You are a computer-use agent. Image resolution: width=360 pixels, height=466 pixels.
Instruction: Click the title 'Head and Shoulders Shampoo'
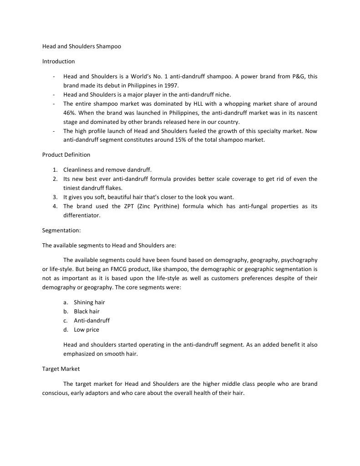[x=81, y=46]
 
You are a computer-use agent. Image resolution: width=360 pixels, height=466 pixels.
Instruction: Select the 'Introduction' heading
[x=58, y=61]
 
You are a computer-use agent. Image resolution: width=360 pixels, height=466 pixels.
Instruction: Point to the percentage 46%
[x=70, y=113]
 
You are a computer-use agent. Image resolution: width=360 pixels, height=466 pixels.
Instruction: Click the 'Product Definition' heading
[x=66, y=154]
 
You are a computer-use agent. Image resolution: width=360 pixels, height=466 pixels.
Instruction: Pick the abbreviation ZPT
[x=129, y=206]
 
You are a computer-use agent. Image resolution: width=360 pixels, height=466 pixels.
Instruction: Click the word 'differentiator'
[x=81, y=215]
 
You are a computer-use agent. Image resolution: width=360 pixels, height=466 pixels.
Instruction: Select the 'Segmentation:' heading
[x=61, y=230]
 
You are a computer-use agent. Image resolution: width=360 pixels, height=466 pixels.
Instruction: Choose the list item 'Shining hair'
[x=89, y=302]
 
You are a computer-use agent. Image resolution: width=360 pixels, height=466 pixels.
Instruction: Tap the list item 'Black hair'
[x=86, y=311]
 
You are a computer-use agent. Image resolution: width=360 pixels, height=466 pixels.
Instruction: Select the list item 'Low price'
[x=86, y=329]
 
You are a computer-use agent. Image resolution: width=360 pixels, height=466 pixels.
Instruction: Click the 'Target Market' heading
[x=61, y=369]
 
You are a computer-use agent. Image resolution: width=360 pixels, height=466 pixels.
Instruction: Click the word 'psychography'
[x=299, y=260]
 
